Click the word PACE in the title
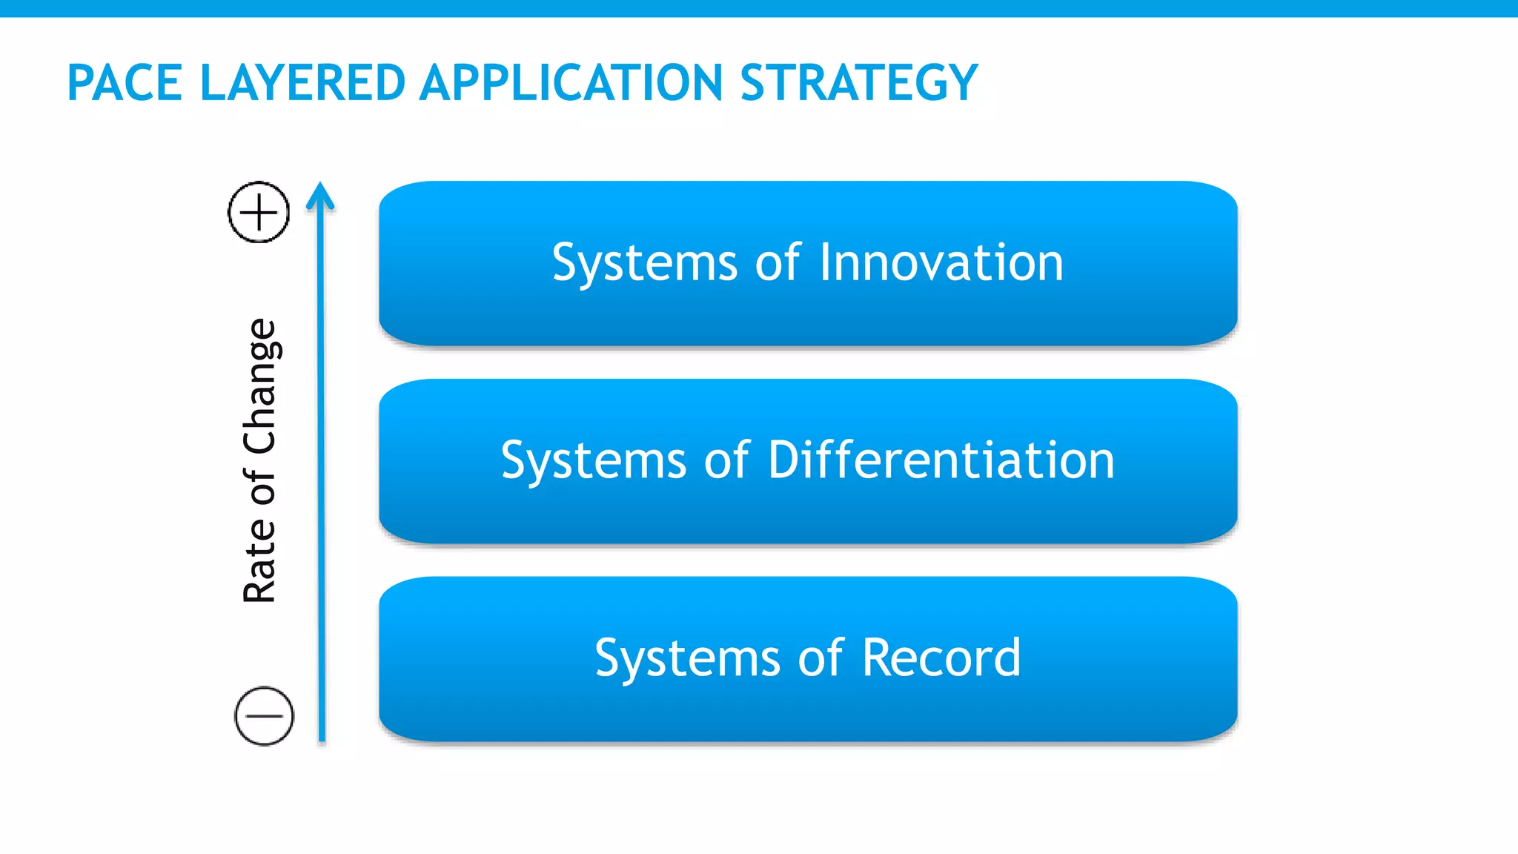pos(125,82)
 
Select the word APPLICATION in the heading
pos(571,82)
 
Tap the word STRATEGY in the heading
pos(859,82)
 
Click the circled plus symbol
pos(259,212)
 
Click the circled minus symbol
pos(264,716)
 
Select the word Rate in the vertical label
pos(259,561)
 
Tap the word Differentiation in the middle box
pos(941,460)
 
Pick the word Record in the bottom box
pos(941,658)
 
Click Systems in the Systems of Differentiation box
pos(594,460)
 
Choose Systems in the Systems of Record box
pos(687,658)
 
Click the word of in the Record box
pos(821,658)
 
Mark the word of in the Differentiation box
pos(726,460)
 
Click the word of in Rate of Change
pos(259,487)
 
